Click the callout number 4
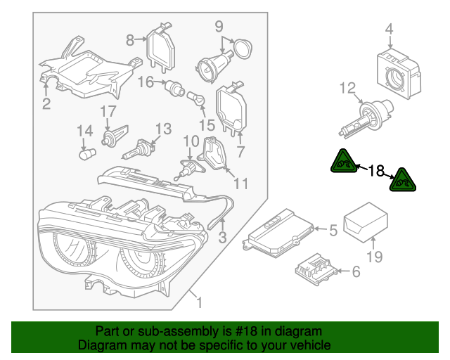[x=389, y=30]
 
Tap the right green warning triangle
[x=403, y=180]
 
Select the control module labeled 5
[x=279, y=231]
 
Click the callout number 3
[x=221, y=238]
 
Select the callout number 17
[x=107, y=112]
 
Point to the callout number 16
[x=145, y=82]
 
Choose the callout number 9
[x=219, y=26]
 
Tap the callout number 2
[x=46, y=105]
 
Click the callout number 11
[x=241, y=184]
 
